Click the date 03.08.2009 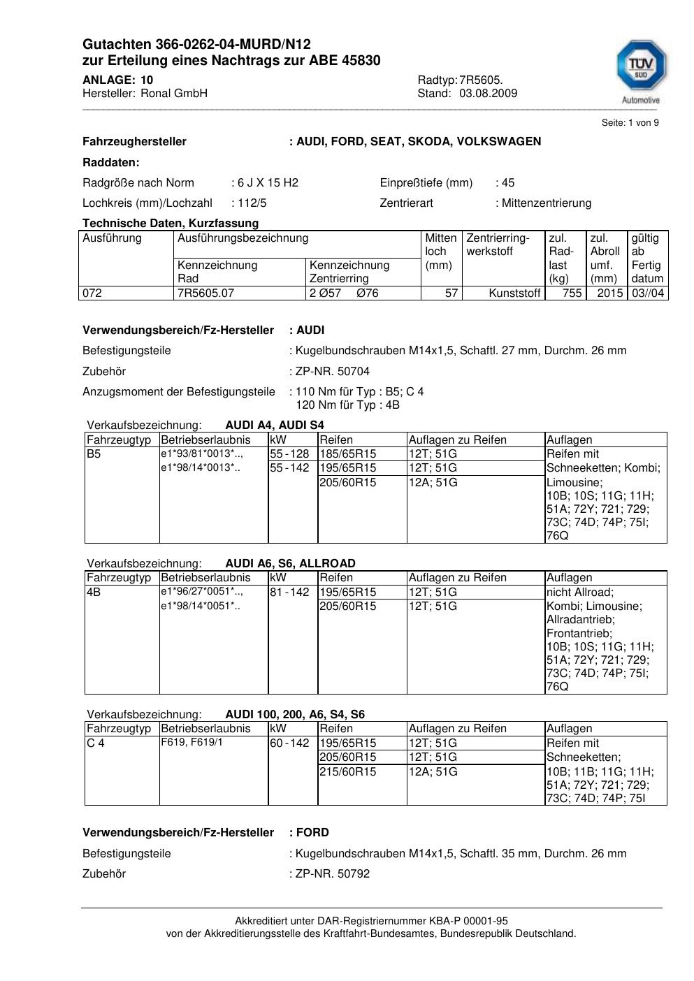point(488,94)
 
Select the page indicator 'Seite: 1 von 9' point(630,123)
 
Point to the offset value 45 point(508,183)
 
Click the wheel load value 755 point(572,293)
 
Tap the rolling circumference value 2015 point(609,293)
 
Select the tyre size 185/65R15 point(348,454)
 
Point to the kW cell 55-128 point(289,454)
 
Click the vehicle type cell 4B point(94,593)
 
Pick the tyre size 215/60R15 point(348,772)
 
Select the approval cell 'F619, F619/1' point(192,743)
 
